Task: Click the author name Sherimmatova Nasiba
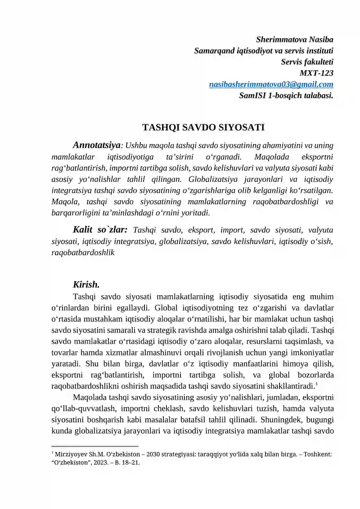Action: (294, 40)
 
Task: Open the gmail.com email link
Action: (271, 84)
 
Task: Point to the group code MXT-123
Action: (316, 73)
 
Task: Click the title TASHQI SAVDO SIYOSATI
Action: (203, 127)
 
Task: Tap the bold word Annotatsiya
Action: (96, 145)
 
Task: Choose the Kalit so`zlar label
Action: (100, 230)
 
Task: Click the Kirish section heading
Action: (86, 285)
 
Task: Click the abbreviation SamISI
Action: (252, 95)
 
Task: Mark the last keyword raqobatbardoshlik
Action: (83, 253)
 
